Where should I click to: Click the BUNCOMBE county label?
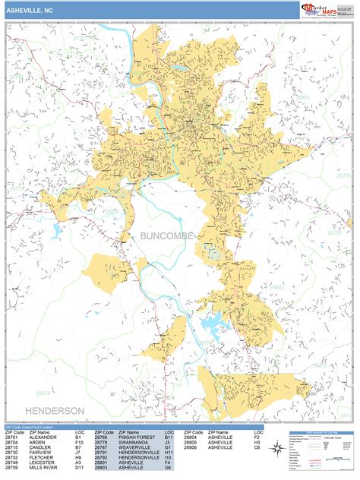[167, 236]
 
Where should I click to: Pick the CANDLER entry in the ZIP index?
[41, 448]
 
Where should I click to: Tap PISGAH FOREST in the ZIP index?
[135, 437]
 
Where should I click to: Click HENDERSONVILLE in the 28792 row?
[137, 459]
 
